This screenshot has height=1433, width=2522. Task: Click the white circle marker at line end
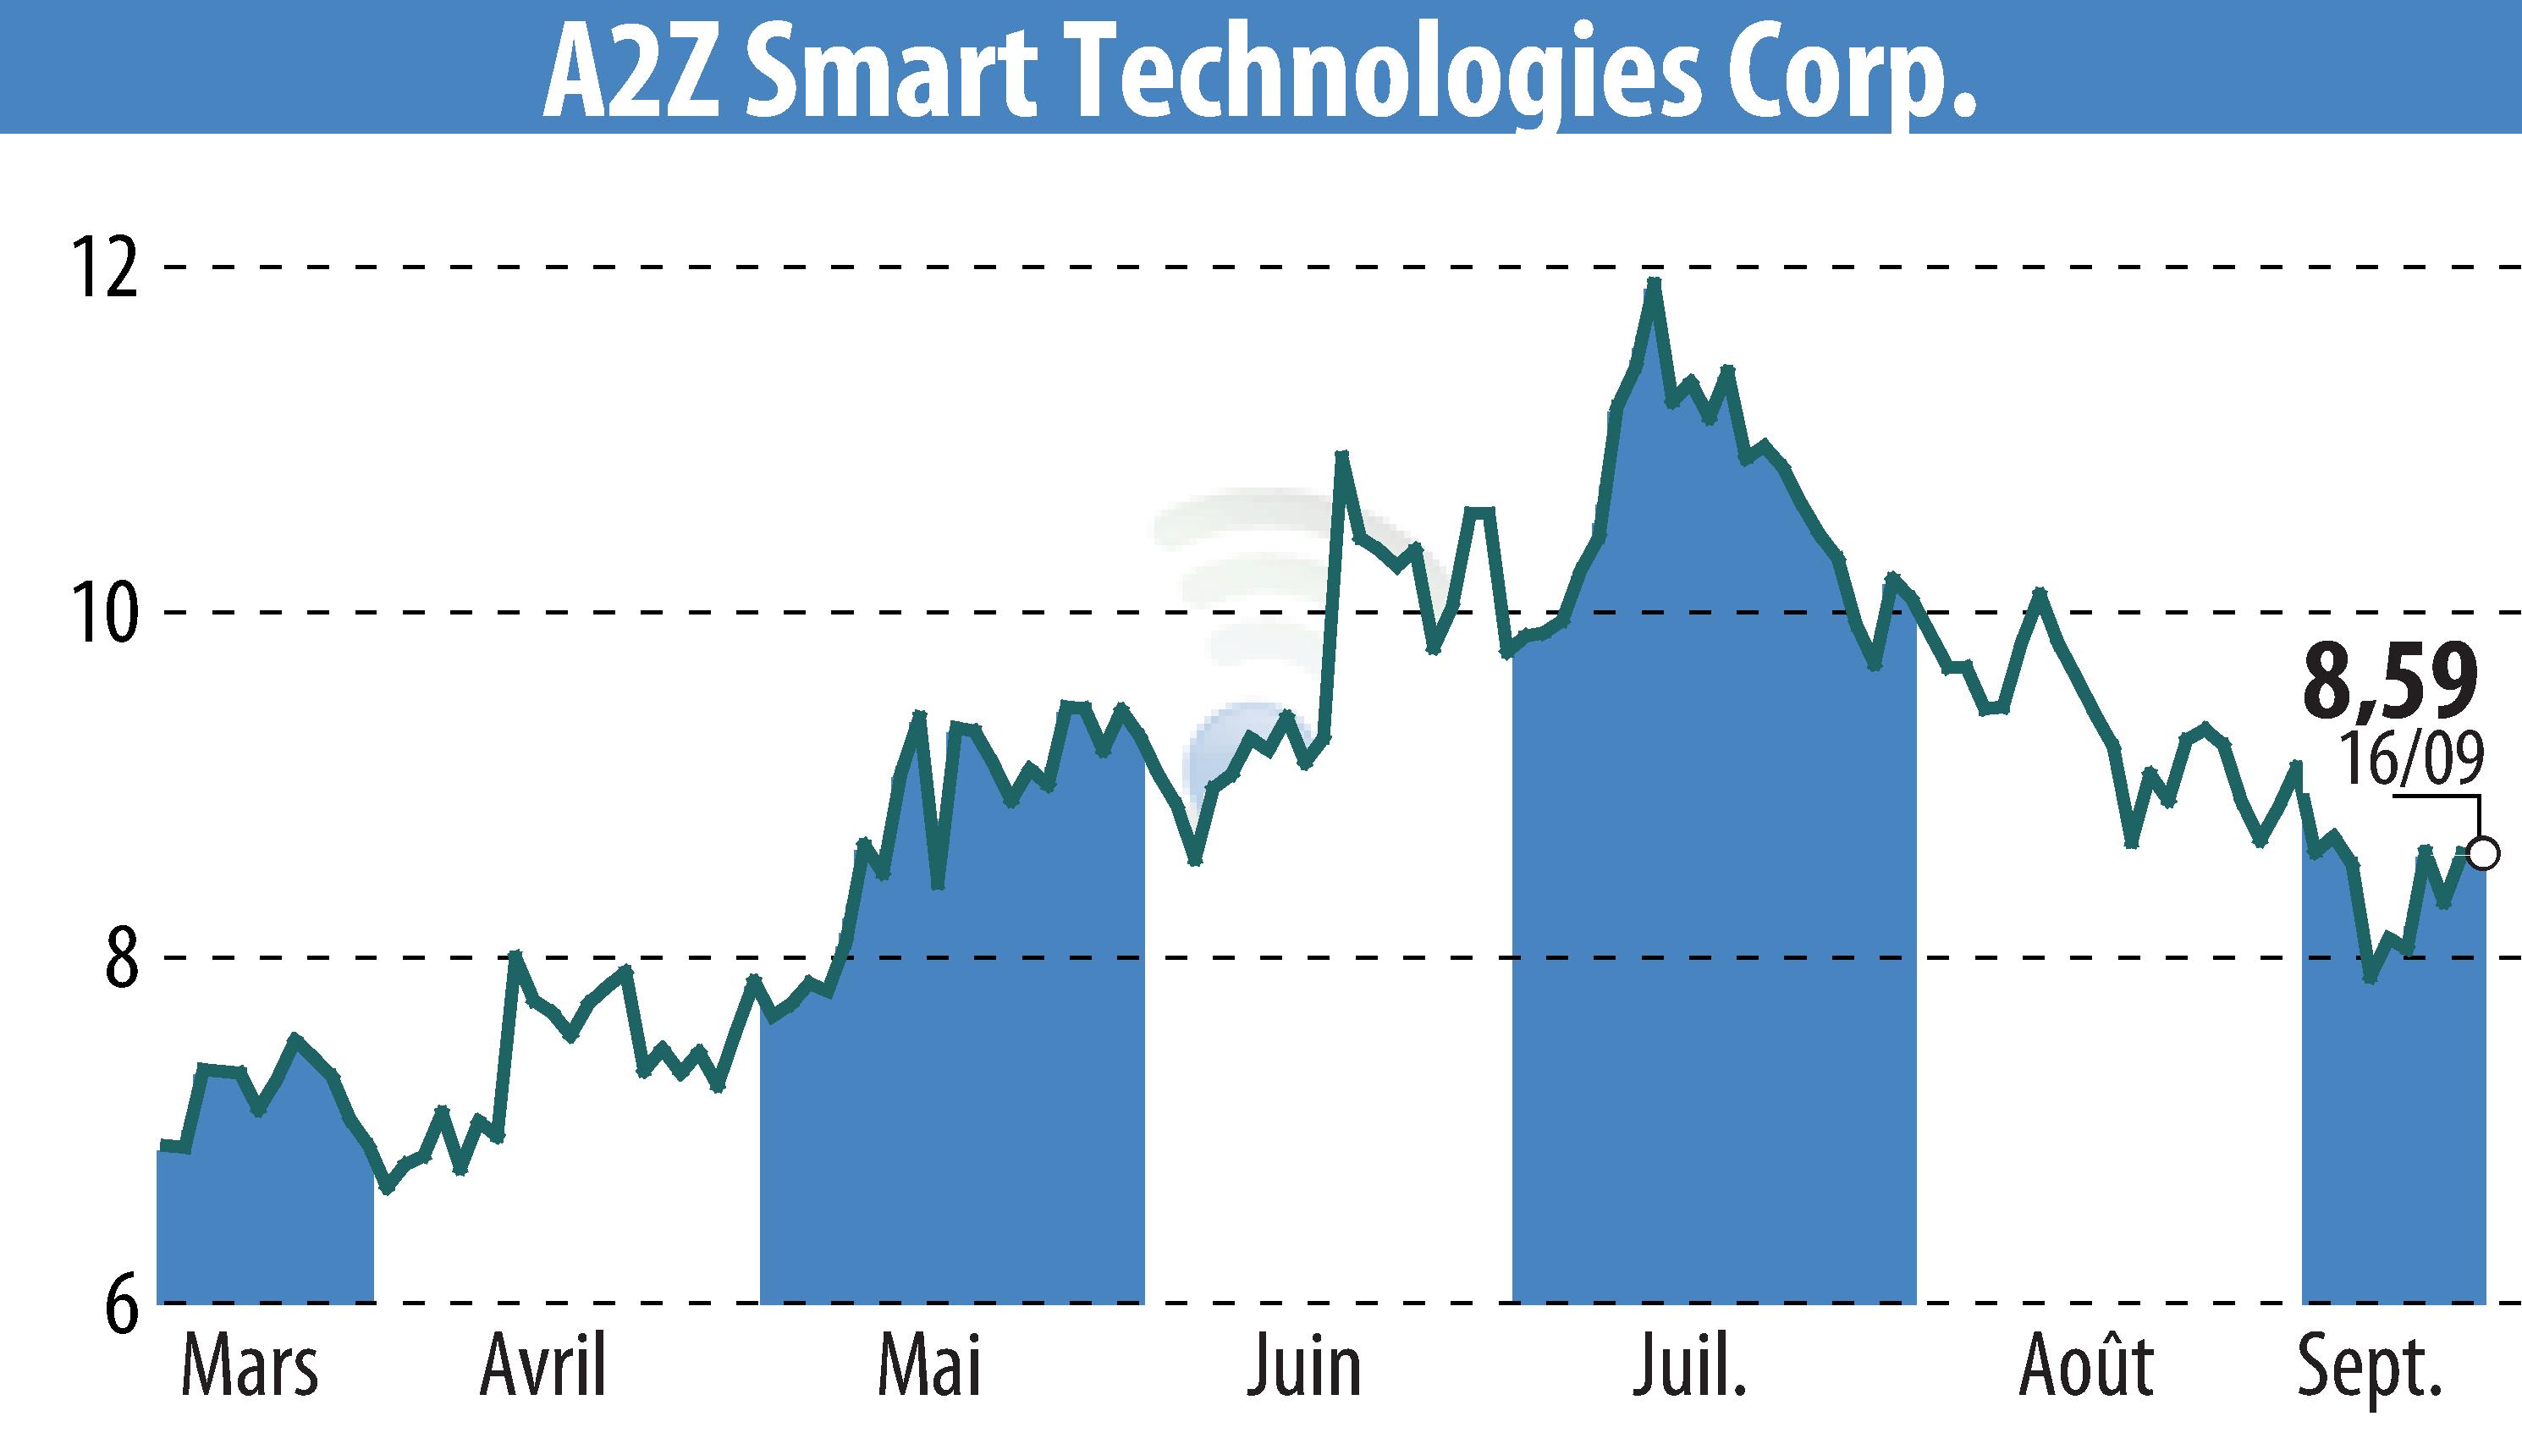(x=2484, y=852)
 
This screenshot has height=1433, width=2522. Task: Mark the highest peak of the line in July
(x=1654, y=283)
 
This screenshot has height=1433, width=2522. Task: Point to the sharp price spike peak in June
(x=1341, y=455)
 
